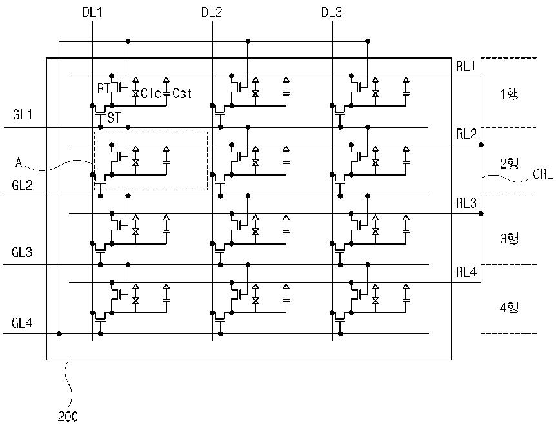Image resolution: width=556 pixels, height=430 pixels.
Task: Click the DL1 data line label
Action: (92, 12)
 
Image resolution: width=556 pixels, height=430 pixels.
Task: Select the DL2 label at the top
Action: (212, 12)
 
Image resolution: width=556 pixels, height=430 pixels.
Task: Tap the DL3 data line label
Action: (332, 12)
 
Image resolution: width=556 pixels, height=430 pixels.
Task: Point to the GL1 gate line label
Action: (23, 115)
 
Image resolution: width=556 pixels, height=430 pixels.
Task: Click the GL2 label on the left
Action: (23, 185)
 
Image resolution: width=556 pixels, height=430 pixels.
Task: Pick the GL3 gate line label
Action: (22, 252)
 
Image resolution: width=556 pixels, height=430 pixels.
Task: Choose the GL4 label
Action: (22, 323)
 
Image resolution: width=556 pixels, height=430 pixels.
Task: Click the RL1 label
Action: (466, 66)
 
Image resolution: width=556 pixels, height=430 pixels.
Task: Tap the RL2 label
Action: (466, 134)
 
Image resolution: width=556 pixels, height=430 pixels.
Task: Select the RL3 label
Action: (466, 203)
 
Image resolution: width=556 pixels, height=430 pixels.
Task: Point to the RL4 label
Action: (466, 272)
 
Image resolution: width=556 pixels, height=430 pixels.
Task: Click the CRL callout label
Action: (543, 174)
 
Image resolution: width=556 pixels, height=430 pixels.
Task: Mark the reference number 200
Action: (67, 416)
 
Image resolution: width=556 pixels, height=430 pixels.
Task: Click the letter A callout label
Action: (19, 163)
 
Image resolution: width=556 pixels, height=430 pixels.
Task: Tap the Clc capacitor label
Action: (151, 94)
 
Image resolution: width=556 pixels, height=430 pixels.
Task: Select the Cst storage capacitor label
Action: (182, 94)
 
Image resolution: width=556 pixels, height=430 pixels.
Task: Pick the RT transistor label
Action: (103, 88)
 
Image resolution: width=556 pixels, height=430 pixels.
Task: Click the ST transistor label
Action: (114, 118)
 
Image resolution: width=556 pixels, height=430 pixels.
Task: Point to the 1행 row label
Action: (509, 94)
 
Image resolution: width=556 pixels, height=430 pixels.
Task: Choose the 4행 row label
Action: (509, 307)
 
